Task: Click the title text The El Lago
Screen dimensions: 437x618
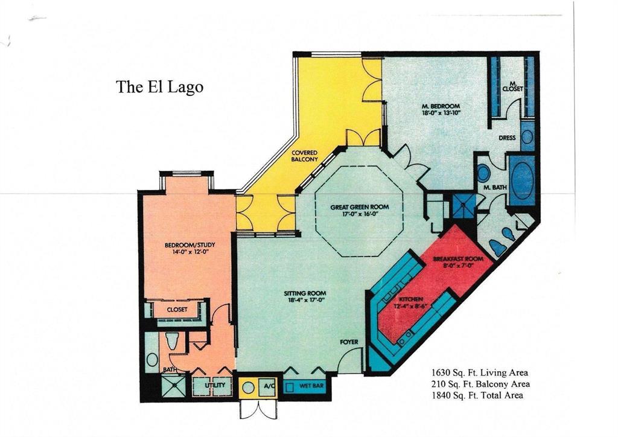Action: tap(160, 87)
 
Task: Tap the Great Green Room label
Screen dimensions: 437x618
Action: tap(359, 207)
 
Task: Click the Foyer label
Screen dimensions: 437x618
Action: tap(349, 342)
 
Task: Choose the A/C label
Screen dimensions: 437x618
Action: tap(268, 384)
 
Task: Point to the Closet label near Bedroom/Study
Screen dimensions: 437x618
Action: tap(177, 310)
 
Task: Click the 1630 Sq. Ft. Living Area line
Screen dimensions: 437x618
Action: tap(479, 372)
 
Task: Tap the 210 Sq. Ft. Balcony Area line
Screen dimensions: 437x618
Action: tap(480, 384)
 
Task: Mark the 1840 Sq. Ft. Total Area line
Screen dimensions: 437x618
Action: tap(477, 395)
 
